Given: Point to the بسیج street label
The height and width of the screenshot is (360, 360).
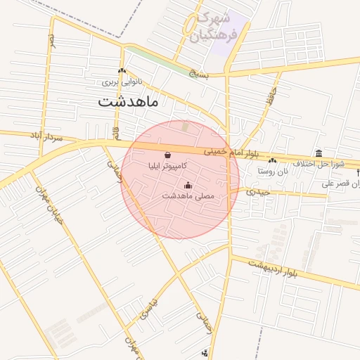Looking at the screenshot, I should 199,72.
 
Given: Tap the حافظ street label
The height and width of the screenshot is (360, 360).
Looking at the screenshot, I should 270,98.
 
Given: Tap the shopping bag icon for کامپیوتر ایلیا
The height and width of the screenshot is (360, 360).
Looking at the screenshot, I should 167,155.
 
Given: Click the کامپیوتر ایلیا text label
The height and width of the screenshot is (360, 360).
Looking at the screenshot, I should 167,167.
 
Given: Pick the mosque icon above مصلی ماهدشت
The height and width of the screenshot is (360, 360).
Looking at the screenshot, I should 188,185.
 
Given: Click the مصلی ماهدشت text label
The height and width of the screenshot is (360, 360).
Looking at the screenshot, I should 188,196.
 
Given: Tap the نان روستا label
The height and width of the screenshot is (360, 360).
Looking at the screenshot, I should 272,171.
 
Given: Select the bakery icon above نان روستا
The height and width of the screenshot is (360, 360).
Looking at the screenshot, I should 272,161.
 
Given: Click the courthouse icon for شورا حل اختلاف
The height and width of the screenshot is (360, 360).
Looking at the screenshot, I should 319,154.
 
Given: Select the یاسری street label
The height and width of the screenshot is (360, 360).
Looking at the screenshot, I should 149,307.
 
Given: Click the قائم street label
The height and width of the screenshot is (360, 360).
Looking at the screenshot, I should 115,131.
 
